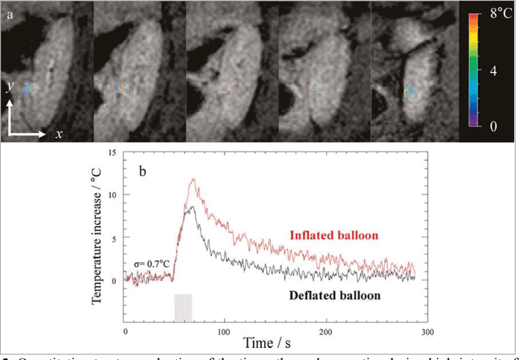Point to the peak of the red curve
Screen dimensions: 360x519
click(193, 180)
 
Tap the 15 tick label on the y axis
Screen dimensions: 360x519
click(114, 153)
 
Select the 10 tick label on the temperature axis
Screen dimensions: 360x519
click(114, 195)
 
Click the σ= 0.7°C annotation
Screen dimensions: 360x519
click(152, 264)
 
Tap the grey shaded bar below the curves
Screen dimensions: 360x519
click(183, 308)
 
